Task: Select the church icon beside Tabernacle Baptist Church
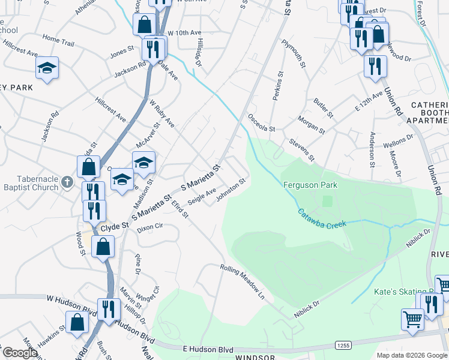[67, 181]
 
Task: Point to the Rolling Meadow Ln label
[242, 283]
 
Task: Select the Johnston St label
[232, 189]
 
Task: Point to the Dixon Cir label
[151, 229]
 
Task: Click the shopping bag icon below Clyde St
[103, 245]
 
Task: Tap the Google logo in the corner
[19, 353]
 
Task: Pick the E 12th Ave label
[369, 102]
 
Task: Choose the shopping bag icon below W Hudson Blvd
[77, 322]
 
